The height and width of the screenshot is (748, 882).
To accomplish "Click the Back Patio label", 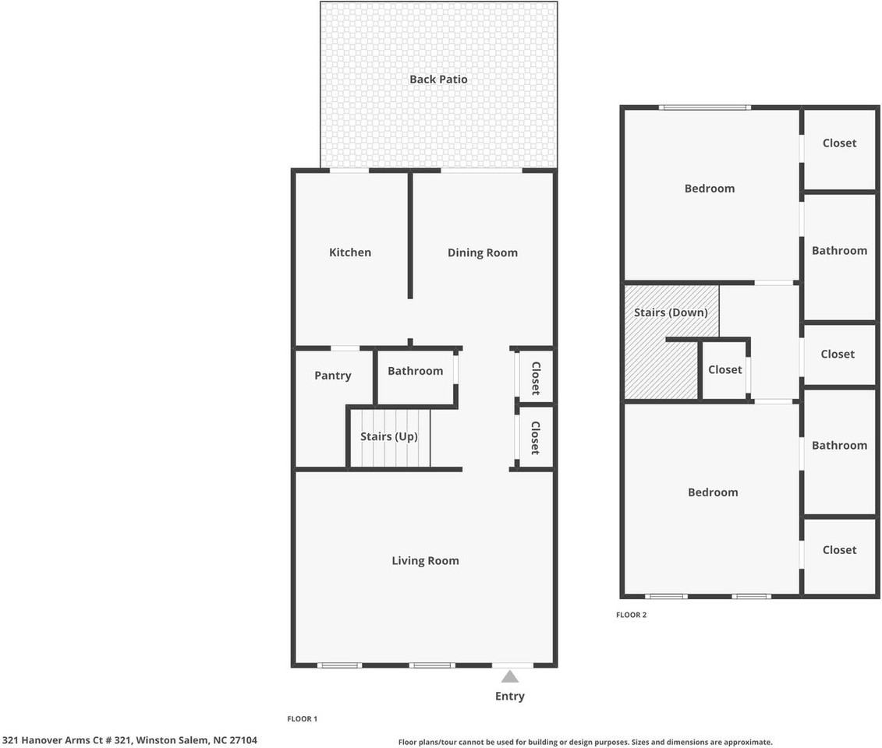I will [438, 79].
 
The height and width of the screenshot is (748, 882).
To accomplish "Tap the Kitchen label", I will [350, 252].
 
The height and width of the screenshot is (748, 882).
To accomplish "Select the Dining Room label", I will [482, 252].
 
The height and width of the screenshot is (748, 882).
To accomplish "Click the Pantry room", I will [333, 376].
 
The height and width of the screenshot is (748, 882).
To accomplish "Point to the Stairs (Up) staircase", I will [388, 437].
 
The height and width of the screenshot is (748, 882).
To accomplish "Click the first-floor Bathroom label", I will [415, 371].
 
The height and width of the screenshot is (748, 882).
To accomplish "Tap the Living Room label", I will [425, 561].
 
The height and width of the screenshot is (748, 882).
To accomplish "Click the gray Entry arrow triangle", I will [510, 676].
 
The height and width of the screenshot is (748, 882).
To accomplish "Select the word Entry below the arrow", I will [510, 697].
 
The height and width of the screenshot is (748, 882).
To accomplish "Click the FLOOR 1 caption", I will [303, 719].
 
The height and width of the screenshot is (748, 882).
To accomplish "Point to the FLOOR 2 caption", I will [632, 615].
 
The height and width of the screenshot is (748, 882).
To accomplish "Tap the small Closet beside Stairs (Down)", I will [724, 370].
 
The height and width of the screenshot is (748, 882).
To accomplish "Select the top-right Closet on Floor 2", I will [839, 143].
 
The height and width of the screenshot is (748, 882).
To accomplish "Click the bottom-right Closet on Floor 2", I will [839, 550].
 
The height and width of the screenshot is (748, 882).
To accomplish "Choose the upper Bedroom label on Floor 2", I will [710, 189].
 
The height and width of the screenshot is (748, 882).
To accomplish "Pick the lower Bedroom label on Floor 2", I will [713, 492].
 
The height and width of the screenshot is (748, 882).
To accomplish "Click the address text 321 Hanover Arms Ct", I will [129, 740].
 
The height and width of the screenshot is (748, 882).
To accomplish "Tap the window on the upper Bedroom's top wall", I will [704, 108].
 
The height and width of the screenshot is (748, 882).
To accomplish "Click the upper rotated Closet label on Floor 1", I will [536, 378].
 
